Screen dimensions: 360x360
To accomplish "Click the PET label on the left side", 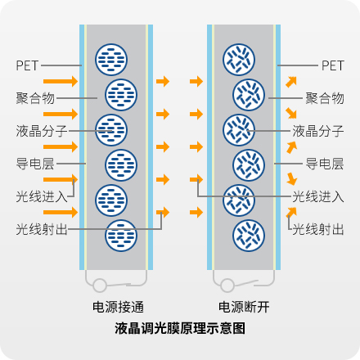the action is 27,65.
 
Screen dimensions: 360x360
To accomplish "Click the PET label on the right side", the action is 333,65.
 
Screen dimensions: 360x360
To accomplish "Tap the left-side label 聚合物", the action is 35,98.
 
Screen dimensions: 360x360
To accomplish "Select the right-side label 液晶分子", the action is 318,131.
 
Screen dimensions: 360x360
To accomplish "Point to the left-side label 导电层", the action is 35,164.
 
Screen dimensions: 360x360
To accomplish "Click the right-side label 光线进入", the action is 318,196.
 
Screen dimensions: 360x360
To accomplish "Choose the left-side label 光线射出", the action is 42,229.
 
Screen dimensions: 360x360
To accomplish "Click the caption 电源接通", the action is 118,307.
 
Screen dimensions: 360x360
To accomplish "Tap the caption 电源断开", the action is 244,307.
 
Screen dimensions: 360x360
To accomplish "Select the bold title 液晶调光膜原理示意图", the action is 180,328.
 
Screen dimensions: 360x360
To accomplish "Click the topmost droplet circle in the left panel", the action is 111,60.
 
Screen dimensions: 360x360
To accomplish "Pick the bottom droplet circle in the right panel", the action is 249,236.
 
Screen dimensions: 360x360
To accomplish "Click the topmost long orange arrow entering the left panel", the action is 61,81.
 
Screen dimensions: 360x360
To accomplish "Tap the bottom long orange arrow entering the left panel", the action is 61,212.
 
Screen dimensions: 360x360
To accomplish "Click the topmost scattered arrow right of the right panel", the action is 291,82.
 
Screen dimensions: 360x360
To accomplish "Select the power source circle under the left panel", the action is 100,286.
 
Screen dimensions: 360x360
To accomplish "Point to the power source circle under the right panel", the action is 227,286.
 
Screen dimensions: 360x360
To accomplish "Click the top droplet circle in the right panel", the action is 239,60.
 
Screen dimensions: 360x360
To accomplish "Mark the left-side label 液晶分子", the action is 42,131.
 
